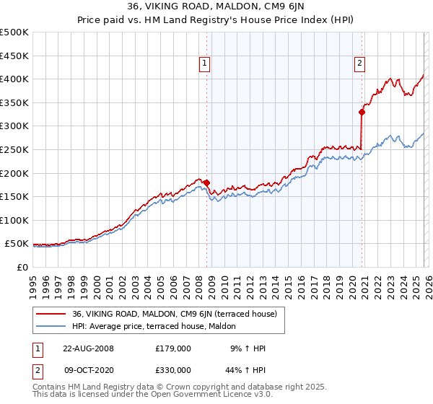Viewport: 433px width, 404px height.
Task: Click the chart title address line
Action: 216,8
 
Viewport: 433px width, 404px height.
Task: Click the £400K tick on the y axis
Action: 14,79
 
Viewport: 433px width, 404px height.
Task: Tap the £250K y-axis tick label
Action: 14,149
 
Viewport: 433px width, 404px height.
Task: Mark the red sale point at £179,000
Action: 207,183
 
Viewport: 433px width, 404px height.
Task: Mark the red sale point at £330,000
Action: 362,112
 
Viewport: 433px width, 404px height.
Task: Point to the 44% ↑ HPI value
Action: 248,372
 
